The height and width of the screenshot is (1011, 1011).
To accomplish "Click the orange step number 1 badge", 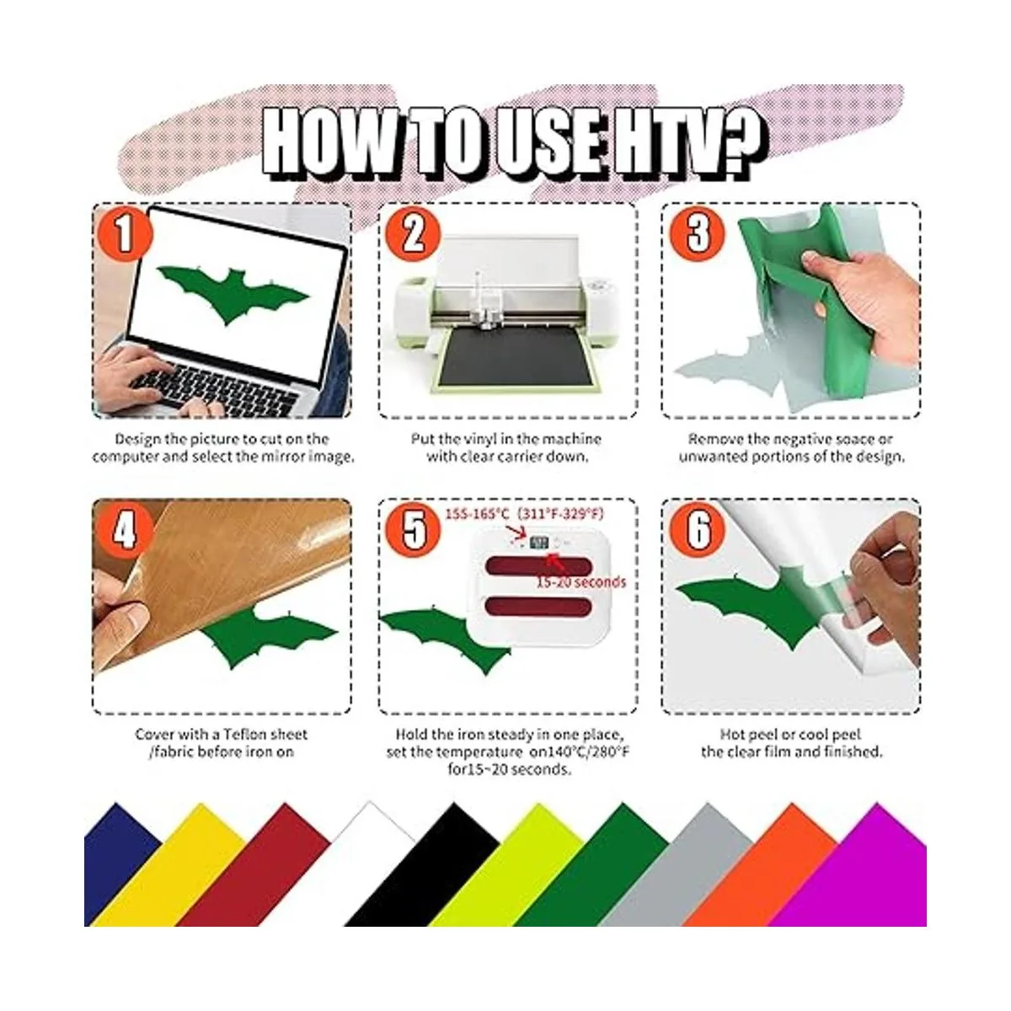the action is pos(124,234).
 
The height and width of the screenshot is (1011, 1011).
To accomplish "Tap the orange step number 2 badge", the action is pos(412,234).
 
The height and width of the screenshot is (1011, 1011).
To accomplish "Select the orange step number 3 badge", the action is pos(698,234).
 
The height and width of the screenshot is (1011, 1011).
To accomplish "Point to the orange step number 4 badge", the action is pos(124,529).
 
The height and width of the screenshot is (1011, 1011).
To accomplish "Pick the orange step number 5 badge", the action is pos(412,529).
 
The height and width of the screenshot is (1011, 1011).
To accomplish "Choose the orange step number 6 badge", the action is pos(698,529).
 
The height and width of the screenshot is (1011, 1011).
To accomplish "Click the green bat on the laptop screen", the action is pos(233,294).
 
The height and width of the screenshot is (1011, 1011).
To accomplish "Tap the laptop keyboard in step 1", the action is pos(212,388).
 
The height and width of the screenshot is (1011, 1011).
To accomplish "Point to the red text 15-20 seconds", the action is pos(580,582).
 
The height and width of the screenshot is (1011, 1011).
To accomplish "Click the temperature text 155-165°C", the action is pos(478,513).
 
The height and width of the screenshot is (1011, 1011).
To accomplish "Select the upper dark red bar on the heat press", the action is pos(538,566).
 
